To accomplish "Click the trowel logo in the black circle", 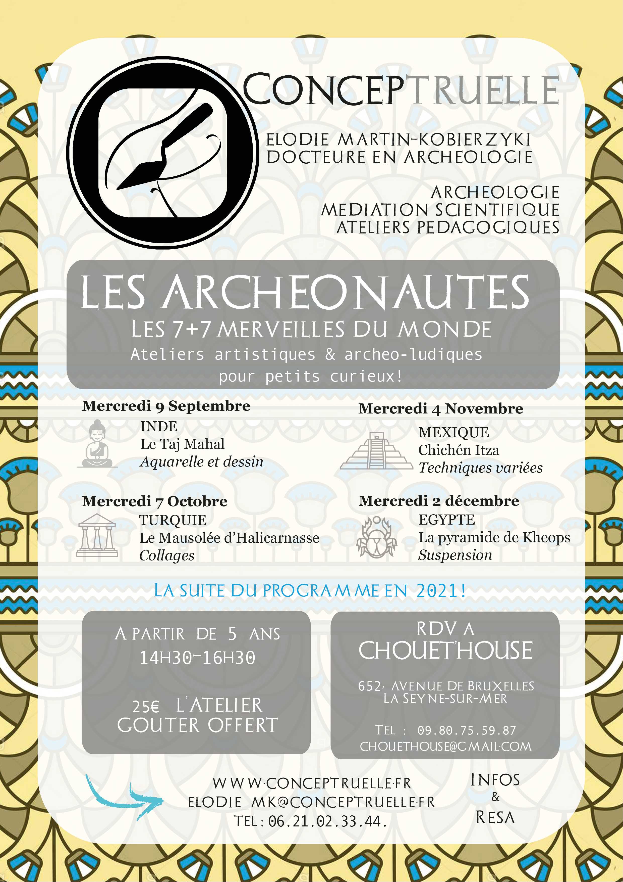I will (x=163, y=153).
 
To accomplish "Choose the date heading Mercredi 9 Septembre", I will (x=166, y=406).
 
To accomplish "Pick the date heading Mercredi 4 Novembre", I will (x=440, y=409).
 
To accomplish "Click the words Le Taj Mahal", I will (x=182, y=444).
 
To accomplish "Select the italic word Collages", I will (x=166, y=555).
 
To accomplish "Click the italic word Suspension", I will (x=455, y=555).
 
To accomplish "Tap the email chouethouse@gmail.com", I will (x=445, y=747).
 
